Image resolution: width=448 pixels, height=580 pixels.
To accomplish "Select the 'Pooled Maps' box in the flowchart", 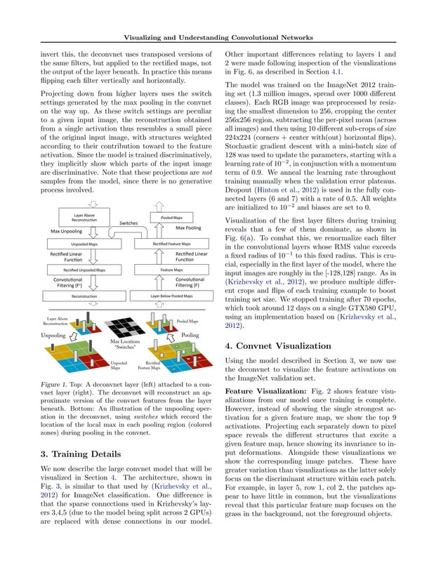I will tap(172, 217).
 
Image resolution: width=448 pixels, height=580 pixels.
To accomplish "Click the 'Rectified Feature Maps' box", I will tap(172, 244).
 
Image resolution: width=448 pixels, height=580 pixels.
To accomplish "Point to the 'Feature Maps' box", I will tap(172, 270).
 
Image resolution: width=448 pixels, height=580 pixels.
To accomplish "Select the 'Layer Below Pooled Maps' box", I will tap(172, 296).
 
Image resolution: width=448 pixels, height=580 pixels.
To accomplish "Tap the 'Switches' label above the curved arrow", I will tap(129, 223).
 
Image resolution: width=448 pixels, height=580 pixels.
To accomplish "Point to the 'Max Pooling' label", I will tap(188, 228).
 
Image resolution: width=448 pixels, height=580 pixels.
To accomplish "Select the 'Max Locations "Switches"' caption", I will tap(125, 345).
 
